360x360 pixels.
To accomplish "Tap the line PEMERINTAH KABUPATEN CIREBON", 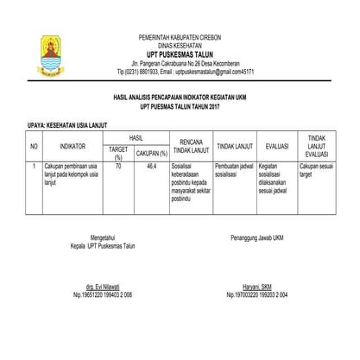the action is click(180, 35).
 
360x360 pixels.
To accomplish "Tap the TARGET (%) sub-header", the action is click(118, 153).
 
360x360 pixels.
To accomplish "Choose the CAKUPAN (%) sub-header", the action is click(150, 153).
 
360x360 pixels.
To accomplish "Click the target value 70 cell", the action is click(118, 165).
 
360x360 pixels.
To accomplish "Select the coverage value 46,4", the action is click(152, 165).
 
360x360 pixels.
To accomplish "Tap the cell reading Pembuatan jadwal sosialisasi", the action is click(234, 169).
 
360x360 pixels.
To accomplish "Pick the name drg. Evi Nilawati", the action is click(102, 285).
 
